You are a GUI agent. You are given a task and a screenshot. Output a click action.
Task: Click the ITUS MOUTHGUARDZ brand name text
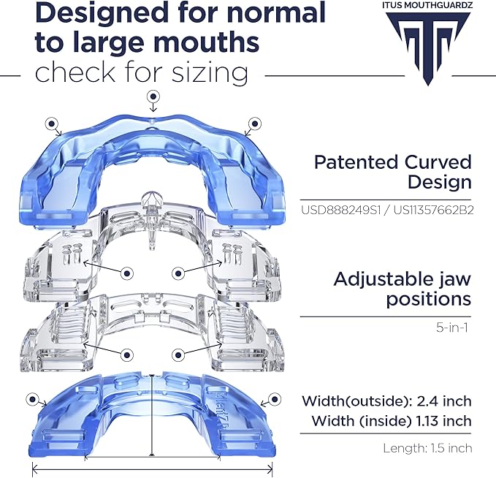[x=427, y=4]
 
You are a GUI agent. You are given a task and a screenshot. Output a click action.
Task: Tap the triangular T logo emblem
[x=427, y=48]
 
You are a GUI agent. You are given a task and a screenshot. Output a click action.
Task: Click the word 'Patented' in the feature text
[x=356, y=162]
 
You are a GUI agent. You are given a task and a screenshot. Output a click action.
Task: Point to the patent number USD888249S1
[x=340, y=210]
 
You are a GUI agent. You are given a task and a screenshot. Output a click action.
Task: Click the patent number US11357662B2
[x=433, y=210]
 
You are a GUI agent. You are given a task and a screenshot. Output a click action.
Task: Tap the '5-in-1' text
[x=451, y=327]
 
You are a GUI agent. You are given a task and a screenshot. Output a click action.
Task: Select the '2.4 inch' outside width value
[x=444, y=401]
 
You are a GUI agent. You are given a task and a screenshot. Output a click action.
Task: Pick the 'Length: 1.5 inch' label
[x=427, y=448]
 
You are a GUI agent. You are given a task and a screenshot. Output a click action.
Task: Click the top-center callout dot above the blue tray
[x=153, y=96]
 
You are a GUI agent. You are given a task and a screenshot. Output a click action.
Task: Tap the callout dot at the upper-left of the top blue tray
[x=52, y=124]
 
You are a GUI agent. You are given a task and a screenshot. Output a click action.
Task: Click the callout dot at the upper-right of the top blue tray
[x=255, y=124]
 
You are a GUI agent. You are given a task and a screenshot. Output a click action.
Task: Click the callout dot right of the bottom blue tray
[x=275, y=399]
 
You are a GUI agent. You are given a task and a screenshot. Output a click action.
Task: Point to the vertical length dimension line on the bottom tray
[x=152, y=415]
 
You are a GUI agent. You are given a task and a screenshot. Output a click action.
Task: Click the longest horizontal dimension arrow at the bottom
[x=153, y=468]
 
